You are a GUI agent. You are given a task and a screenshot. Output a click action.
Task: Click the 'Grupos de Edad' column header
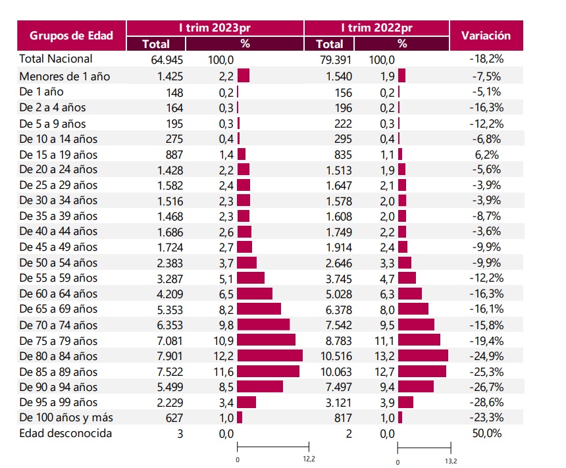coord(72,36)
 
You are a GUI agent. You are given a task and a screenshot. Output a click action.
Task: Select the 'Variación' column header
coord(486,36)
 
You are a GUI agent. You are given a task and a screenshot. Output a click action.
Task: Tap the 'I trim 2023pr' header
coord(215,28)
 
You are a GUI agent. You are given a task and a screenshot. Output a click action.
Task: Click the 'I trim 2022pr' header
coord(376,28)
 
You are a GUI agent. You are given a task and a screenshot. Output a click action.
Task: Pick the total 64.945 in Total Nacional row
coord(167,60)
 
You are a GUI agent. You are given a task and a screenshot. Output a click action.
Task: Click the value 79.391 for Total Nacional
coord(336,60)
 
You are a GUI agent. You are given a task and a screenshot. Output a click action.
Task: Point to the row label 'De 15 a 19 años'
coord(59,155)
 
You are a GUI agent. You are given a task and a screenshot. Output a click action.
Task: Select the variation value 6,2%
coord(486,155)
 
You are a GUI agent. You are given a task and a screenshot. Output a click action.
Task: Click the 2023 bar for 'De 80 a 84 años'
coord(270,355)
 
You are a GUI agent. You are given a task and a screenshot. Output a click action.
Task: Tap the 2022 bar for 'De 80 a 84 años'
coord(423,355)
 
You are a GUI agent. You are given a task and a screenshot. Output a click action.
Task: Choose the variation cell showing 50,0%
coord(486,433)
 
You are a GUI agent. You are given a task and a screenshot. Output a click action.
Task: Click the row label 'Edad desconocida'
coord(65,433)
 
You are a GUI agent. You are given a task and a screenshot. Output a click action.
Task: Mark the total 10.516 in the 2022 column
coord(336,356)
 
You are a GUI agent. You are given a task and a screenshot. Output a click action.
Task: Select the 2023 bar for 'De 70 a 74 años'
coord(263,325)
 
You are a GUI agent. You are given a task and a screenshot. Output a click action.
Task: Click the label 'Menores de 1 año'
coord(64,76)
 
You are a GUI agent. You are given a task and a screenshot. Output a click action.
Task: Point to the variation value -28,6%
coord(486,402)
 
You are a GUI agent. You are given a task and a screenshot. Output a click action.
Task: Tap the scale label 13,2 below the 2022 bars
coord(451,461)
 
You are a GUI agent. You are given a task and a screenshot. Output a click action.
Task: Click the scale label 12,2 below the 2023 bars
coord(309,459)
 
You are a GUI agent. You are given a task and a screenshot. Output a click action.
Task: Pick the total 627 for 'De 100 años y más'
coord(174,418)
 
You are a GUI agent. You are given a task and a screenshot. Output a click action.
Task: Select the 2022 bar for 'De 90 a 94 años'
coord(416,386)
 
